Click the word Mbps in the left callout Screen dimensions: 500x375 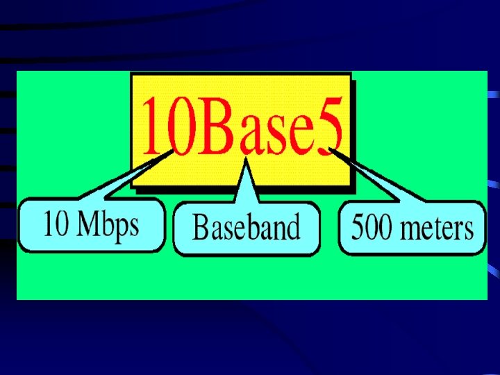pos(107,225)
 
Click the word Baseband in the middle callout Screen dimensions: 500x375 pos(246,227)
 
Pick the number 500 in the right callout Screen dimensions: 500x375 pos(369,227)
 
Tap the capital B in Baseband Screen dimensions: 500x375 pos(200,227)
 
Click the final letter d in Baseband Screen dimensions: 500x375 pos(293,227)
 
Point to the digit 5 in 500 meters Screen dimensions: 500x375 pos(358,227)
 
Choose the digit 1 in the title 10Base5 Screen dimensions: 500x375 pos(150,128)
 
